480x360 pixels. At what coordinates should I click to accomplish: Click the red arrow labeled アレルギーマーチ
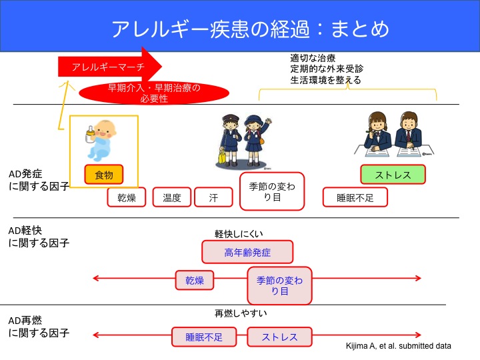tap(107, 66)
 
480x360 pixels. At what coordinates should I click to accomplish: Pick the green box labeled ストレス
tap(393, 175)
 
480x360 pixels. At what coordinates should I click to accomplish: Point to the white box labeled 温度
tap(172, 197)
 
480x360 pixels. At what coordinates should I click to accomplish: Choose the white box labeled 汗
tap(214, 197)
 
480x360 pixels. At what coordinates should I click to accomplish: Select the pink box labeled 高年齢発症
tap(247, 252)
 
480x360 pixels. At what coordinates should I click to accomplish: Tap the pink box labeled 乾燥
tap(195, 280)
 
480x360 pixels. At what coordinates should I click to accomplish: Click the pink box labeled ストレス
tap(279, 337)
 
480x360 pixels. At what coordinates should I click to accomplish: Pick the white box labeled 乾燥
tap(127, 197)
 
